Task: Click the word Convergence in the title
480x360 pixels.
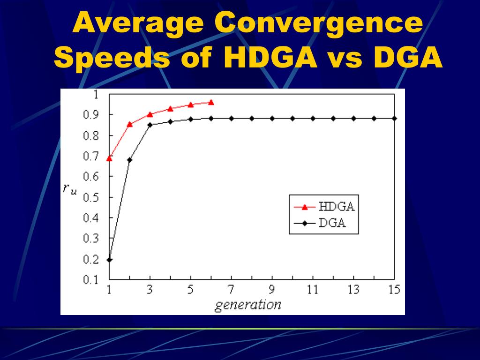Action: (x=318, y=23)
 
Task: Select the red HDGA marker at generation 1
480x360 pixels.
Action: (x=109, y=158)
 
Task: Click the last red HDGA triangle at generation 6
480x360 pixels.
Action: (x=211, y=102)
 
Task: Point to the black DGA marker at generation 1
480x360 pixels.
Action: (x=109, y=260)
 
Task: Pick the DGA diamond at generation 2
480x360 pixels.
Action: (x=130, y=160)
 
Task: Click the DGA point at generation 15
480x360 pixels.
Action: (x=394, y=118)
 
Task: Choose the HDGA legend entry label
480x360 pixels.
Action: (x=336, y=206)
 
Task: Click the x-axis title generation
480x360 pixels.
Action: (x=248, y=305)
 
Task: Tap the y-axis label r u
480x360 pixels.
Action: (x=70, y=189)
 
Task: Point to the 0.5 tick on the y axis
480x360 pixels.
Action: (x=91, y=197)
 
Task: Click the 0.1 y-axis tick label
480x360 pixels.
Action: (x=91, y=280)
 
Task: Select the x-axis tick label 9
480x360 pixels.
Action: (x=272, y=290)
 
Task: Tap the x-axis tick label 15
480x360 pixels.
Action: (x=394, y=290)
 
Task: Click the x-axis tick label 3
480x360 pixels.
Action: (x=150, y=290)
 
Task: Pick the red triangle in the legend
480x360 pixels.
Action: (x=304, y=207)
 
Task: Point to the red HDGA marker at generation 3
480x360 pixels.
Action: (x=150, y=114)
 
